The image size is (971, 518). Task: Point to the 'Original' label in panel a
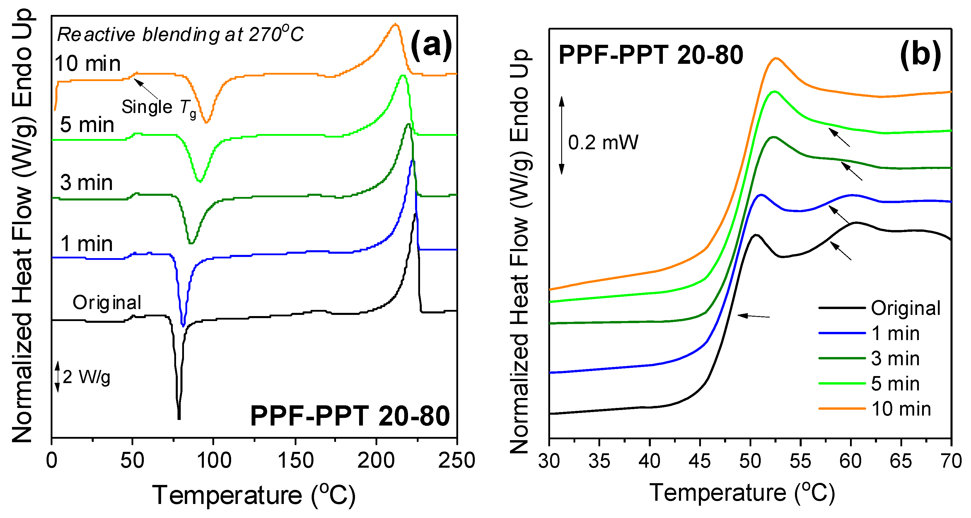pyautogui.click(x=107, y=303)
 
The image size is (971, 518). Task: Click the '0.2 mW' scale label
pyautogui.click(x=603, y=143)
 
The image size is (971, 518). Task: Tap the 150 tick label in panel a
pyautogui.click(x=295, y=460)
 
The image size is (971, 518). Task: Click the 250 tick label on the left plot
pyautogui.click(x=456, y=460)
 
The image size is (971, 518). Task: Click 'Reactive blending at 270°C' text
pyautogui.click(x=180, y=35)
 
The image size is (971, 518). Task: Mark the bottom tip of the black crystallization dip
pyautogui.click(x=179, y=418)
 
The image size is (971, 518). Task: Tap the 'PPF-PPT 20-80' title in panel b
pyautogui.click(x=651, y=55)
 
